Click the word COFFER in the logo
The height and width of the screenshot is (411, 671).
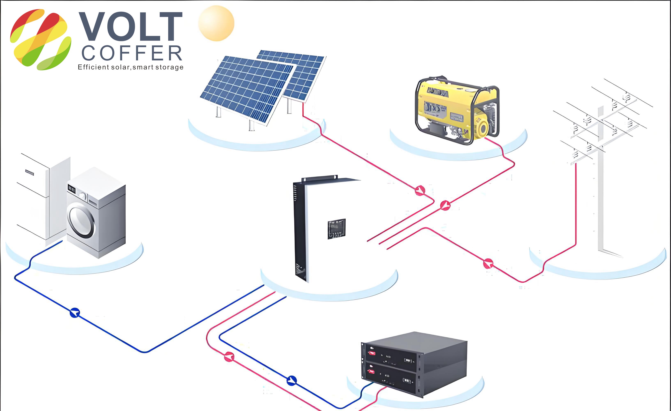[132, 53]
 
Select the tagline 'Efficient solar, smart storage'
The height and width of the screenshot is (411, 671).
[130, 67]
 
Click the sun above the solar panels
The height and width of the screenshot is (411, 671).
[216, 23]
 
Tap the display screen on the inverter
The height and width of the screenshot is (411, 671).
[336, 229]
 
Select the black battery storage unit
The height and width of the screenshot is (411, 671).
[414, 364]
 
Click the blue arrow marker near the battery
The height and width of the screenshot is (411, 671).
[292, 380]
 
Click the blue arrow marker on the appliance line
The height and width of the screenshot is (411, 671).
[75, 313]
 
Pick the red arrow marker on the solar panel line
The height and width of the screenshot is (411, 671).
[420, 190]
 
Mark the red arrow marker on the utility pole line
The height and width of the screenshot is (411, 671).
[488, 263]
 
